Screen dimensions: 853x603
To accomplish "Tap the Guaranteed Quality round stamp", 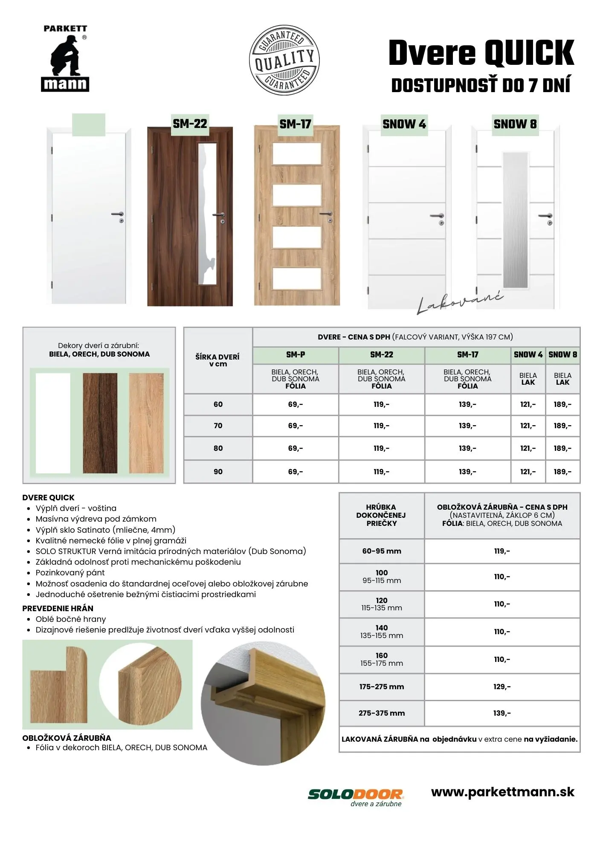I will pos(284,60).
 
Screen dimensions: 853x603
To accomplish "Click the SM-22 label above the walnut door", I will pos(190,124).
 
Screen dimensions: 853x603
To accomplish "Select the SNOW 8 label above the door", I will pos(515,124).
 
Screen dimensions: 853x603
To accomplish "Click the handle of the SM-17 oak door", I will pos(327,214).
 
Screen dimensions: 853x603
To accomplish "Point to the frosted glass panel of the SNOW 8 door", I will pos(515,220).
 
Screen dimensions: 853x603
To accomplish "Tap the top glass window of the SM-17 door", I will pos(296,154).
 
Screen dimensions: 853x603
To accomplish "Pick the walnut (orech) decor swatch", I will pos(100,423).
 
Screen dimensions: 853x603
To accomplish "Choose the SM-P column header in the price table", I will pos(296,355).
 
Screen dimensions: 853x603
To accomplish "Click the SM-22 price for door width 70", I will pos(381,426).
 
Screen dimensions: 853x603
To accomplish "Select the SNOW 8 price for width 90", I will pos(562,472).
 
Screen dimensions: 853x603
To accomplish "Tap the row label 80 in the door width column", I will pos(218,448).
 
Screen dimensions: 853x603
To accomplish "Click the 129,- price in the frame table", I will pos(502,687).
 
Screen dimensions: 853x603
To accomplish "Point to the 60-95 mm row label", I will pos(382,551).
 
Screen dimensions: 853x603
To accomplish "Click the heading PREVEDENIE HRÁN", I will pos(58,609).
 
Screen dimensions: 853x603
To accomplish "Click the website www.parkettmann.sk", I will pos(502,792).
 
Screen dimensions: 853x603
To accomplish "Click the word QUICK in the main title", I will pos(529,53).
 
